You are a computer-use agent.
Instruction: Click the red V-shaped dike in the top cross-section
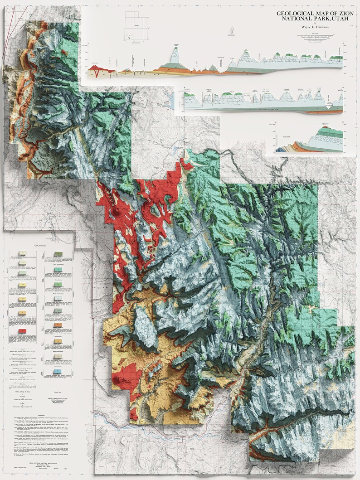tap(96, 71)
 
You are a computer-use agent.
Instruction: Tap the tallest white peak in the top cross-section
tap(175, 54)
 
